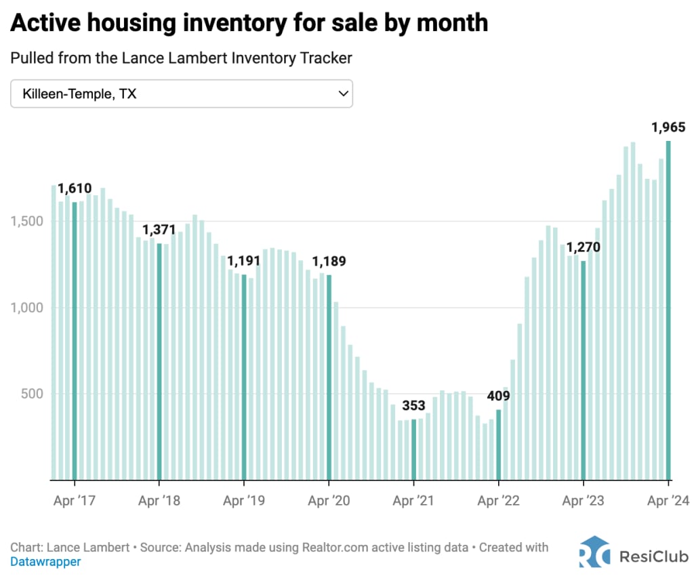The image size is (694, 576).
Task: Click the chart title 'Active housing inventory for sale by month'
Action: tap(249, 22)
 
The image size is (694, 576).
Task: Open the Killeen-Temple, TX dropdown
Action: tap(182, 94)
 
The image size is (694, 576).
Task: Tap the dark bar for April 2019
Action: tap(244, 377)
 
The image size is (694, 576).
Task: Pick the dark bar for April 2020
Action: tap(329, 377)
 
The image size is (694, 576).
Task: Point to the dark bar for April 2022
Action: tap(499, 445)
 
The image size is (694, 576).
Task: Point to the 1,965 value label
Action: tap(668, 127)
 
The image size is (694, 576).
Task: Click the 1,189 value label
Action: tap(329, 262)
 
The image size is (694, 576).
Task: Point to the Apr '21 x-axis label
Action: tap(413, 501)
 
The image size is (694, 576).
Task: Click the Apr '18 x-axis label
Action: tap(159, 501)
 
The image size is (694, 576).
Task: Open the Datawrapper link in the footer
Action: tap(45, 562)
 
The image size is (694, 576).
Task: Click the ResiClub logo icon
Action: tap(594, 552)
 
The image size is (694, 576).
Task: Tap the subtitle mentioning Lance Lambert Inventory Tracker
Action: tap(181, 58)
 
